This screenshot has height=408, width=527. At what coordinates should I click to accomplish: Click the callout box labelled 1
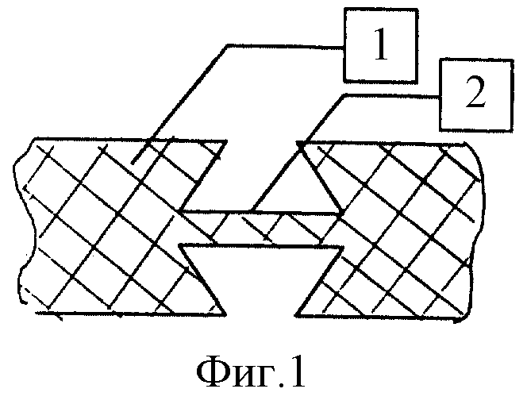[x=380, y=45]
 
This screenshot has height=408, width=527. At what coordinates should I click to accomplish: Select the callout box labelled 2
[x=476, y=94]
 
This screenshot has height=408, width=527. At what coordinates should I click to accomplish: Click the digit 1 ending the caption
[x=297, y=371]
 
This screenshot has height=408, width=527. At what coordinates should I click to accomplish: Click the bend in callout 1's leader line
[x=228, y=45]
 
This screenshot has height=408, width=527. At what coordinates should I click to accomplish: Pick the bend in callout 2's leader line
[x=344, y=96]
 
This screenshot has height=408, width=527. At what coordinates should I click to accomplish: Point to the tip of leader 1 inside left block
[x=132, y=164]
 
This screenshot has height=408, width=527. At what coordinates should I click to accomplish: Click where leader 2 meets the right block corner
[x=299, y=144]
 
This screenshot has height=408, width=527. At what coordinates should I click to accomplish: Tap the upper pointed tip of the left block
[x=226, y=141]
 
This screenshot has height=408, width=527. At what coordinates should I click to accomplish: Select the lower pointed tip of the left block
[x=225, y=314]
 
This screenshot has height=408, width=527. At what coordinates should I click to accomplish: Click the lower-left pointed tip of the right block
[x=296, y=315]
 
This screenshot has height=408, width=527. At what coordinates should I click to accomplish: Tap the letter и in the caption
[x=244, y=376]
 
